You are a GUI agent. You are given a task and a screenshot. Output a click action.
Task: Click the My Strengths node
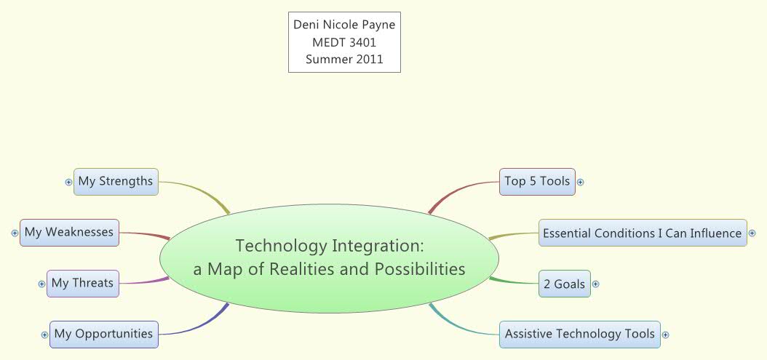coord(116,181)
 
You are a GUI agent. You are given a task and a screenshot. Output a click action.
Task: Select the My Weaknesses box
coord(69,232)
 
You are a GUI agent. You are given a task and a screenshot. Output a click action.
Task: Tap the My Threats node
coord(82,283)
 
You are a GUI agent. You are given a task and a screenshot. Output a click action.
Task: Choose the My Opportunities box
coord(103,334)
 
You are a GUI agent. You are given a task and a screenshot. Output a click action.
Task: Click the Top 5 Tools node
coord(537,181)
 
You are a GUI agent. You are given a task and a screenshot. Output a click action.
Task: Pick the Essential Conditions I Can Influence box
coord(642,233)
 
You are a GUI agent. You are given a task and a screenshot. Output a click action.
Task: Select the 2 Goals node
coord(564,284)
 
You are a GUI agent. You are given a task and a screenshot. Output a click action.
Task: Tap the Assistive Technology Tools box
coord(579,334)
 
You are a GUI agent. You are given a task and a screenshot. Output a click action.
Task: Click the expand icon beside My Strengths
coord(68,182)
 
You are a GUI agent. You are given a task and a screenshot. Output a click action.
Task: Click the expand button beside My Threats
coord(41,284)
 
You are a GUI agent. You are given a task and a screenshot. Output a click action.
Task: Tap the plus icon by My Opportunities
coord(45,335)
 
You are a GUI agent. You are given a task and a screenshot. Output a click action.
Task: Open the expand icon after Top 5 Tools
coord(581,182)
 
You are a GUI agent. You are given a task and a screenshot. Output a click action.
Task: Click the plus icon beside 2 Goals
coord(595,284)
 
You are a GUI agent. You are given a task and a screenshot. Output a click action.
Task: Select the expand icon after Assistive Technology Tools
coord(665,335)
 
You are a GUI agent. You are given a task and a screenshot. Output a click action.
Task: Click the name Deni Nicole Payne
coord(344,25)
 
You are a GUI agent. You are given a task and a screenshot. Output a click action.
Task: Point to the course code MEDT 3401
coord(344,42)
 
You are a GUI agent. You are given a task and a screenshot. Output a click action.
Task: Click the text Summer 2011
coord(344,60)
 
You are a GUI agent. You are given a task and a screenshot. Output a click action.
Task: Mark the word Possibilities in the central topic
coord(419,269)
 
